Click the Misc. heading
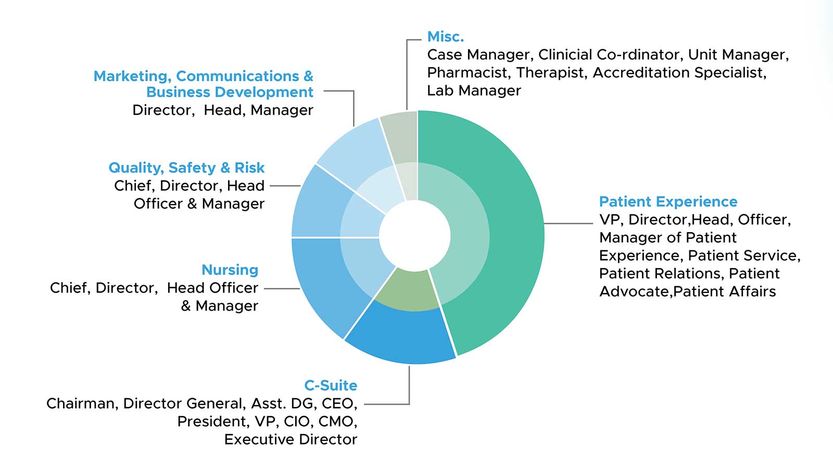[446, 37]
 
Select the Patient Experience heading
[668, 201]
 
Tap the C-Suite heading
[331, 386]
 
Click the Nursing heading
[230, 270]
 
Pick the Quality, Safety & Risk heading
[186, 168]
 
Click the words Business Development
[230, 92]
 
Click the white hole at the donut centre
[415, 236]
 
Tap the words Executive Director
[291, 440]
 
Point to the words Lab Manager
[474, 91]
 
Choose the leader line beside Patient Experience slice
[568, 223]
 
